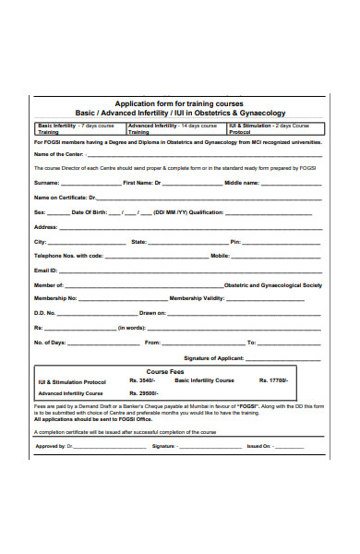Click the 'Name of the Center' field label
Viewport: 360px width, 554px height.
(59, 155)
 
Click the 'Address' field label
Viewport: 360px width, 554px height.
(46, 226)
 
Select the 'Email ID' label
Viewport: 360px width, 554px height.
(46, 270)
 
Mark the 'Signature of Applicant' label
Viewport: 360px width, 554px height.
(213, 356)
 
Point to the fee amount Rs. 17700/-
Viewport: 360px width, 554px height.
(274, 380)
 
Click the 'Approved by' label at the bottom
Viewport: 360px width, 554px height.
(51, 445)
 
